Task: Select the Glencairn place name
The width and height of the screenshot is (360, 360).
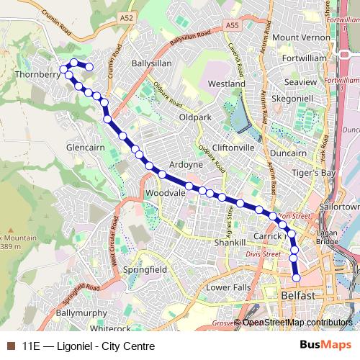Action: [x=86, y=147]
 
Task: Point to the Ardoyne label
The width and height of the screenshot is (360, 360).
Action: [x=186, y=164]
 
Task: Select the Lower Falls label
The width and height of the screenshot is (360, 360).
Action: [x=229, y=287]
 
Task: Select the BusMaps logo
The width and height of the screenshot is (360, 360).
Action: [x=322, y=346]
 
